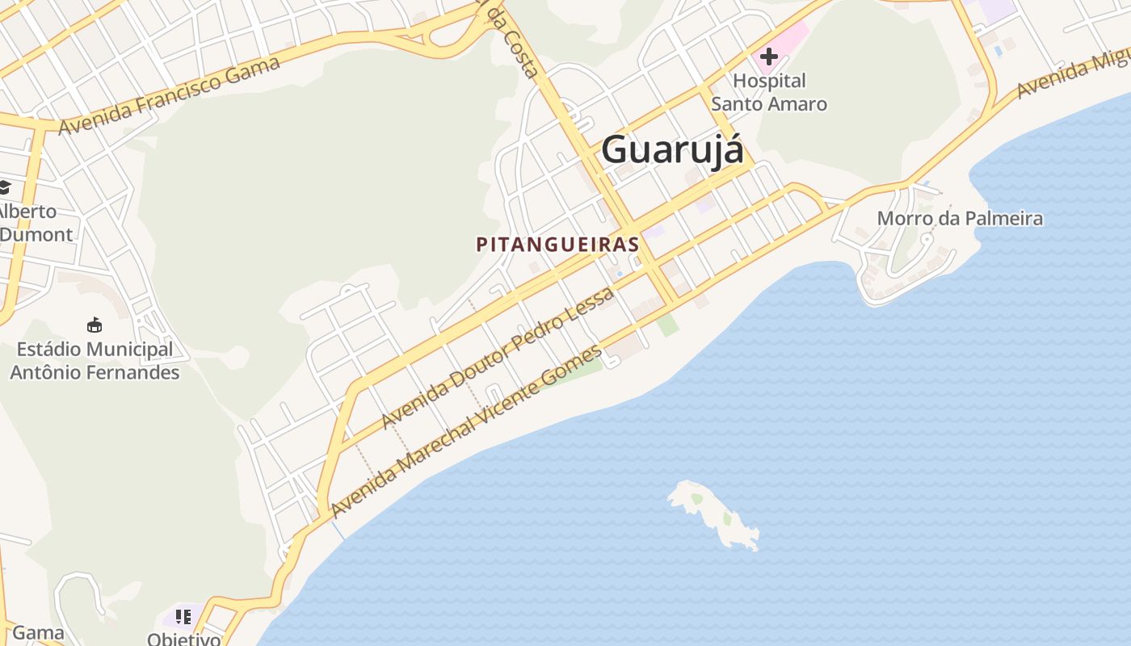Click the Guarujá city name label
coord(672,149)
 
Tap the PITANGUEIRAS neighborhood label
coord(557,244)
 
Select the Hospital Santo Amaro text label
coord(769,92)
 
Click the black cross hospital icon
coord(768,57)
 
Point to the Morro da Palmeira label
coord(960,218)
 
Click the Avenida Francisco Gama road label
coord(169,94)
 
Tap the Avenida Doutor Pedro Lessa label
coord(498,358)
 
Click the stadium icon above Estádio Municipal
coord(95,325)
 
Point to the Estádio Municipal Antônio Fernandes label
coord(95,361)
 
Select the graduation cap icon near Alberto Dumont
coord(4,187)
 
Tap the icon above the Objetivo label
coord(183,617)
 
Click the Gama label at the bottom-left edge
coord(38,632)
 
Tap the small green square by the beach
coord(667,325)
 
